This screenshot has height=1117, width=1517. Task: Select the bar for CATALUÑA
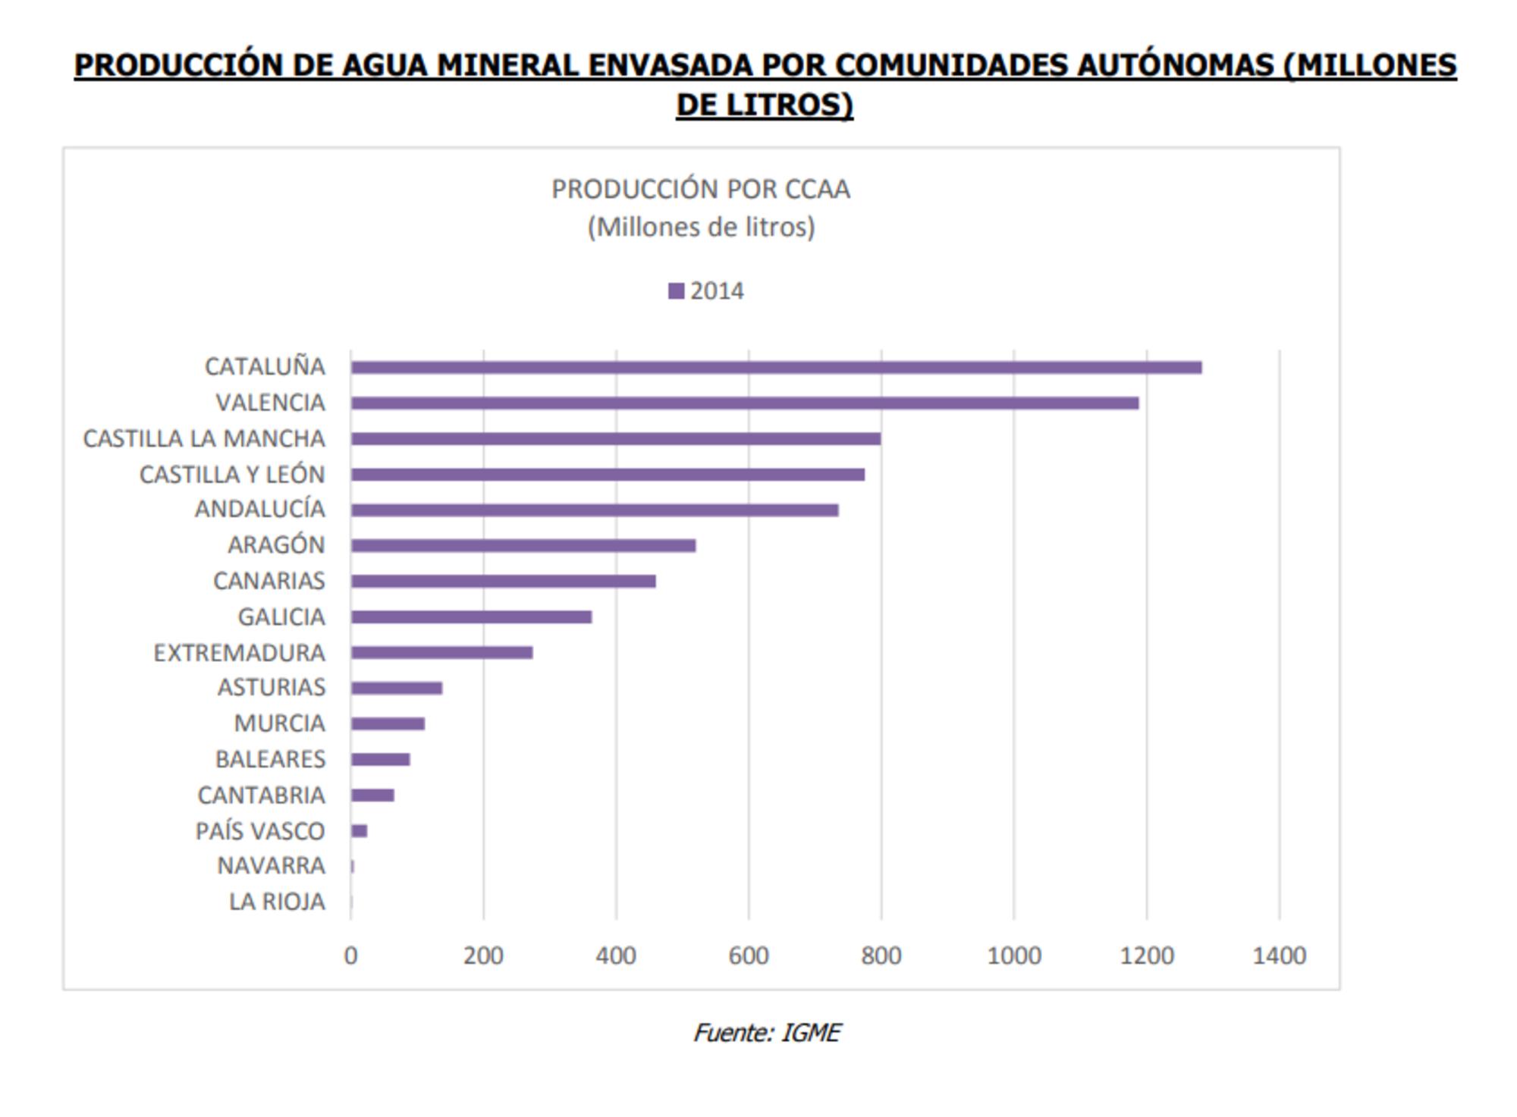click(x=775, y=368)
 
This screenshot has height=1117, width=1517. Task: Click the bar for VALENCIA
click(x=744, y=403)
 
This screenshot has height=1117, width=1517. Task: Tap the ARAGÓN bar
click(x=523, y=545)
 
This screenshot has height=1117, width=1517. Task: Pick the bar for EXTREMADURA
click(x=441, y=653)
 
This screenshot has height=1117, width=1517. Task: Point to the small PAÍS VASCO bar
click(x=360, y=831)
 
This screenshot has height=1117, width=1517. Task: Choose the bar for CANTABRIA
click(x=372, y=795)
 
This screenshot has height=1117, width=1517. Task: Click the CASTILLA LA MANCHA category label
click(x=204, y=439)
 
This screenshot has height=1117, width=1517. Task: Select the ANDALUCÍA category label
click(x=260, y=509)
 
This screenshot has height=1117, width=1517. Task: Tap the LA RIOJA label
click(x=277, y=902)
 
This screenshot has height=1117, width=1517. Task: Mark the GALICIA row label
click(x=281, y=617)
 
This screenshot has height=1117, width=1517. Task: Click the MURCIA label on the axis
click(x=279, y=723)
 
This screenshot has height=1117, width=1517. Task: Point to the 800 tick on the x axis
click(x=881, y=955)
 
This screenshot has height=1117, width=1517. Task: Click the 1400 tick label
click(x=1279, y=955)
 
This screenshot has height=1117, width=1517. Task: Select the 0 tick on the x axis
click(x=350, y=955)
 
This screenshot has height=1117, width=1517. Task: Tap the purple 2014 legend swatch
click(x=676, y=291)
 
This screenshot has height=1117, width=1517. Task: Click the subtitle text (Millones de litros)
click(x=701, y=227)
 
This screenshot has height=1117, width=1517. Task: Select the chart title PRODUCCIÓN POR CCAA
click(x=701, y=189)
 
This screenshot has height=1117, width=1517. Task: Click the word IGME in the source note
click(x=810, y=1033)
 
